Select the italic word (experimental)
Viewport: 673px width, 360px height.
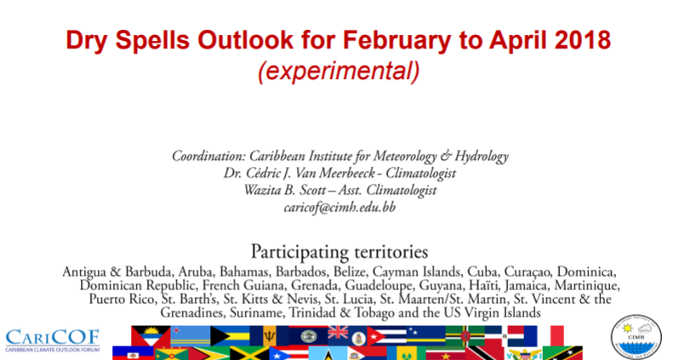(339, 71)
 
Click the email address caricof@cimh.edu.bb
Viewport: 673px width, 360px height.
(339, 208)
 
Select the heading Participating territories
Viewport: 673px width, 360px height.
(339, 252)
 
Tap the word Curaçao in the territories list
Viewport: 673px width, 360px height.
(528, 272)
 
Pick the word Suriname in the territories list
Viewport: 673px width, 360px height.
(256, 312)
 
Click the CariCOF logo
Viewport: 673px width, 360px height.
(53, 340)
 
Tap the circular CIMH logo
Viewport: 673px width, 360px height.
(636, 337)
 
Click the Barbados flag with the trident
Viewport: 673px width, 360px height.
(269, 336)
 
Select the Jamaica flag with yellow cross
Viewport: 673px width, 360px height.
(249, 353)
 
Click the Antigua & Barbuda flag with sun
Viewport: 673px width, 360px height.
(151, 336)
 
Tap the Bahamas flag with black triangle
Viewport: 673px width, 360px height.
(230, 336)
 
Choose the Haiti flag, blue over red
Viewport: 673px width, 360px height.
(133, 353)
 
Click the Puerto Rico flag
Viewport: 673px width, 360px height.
(288, 353)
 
